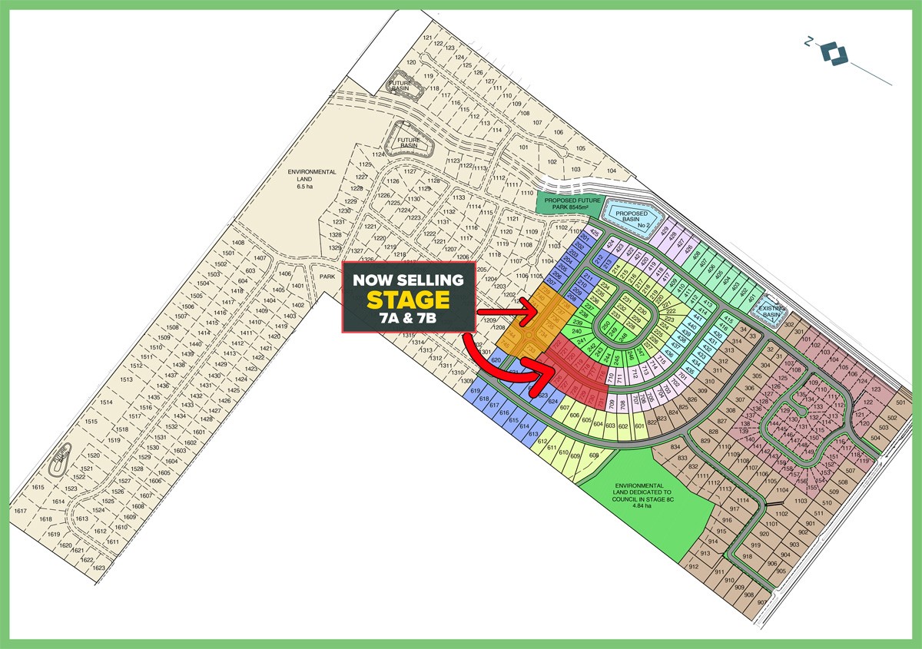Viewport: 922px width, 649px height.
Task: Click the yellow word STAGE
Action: click(407, 300)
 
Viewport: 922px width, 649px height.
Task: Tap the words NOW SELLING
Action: click(407, 280)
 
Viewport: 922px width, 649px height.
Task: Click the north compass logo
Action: click(833, 54)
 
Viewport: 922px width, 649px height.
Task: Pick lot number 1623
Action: click(99, 568)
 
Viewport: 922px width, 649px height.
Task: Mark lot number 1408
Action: click(237, 243)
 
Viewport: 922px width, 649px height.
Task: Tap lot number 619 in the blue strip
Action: click(473, 391)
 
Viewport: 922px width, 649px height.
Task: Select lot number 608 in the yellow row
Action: click(593, 455)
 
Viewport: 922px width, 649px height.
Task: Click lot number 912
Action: click(693, 567)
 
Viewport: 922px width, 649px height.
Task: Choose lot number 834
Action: click(655, 447)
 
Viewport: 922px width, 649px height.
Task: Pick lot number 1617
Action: click(21, 511)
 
